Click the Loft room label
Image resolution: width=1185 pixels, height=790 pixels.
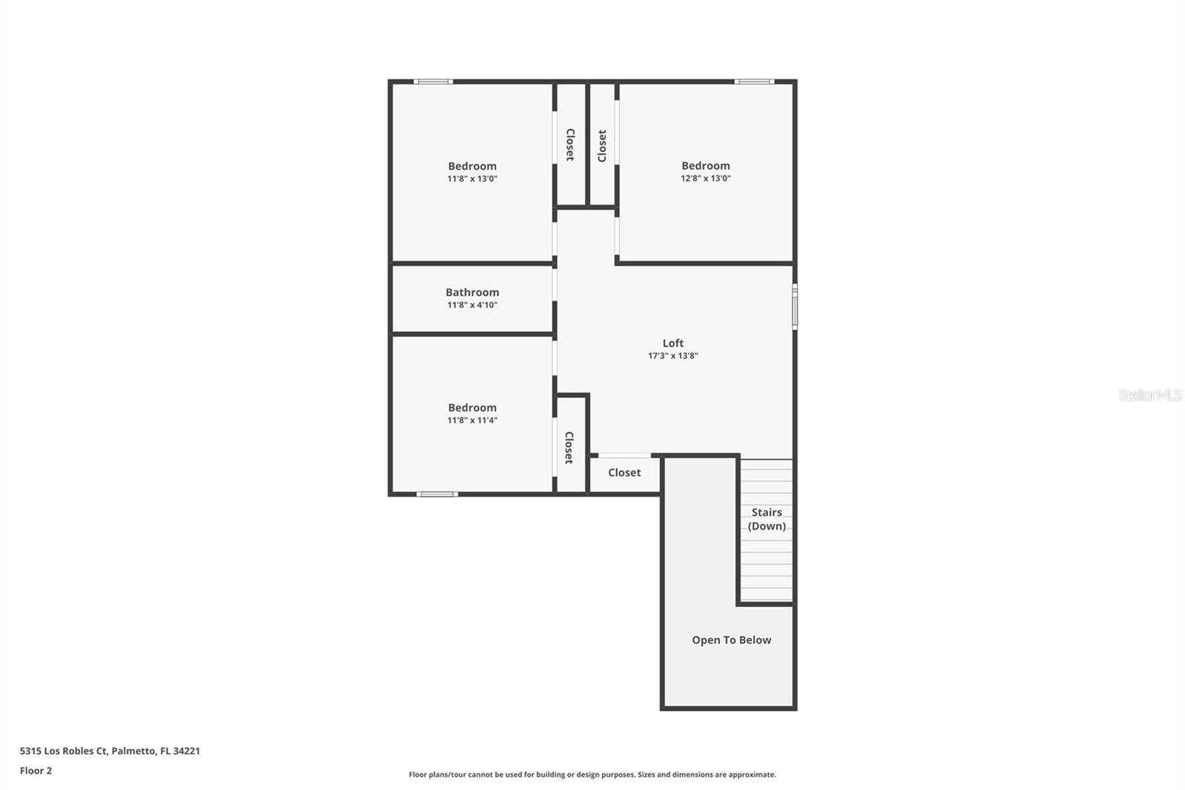[x=672, y=343]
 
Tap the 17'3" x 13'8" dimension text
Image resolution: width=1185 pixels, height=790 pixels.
[x=672, y=356]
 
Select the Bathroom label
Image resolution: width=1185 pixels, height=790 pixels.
[x=472, y=292]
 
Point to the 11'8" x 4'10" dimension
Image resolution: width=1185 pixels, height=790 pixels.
[x=472, y=305]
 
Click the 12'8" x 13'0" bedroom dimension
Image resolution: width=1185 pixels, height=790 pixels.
[x=705, y=179]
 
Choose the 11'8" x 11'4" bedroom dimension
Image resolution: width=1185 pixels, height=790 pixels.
[x=472, y=420]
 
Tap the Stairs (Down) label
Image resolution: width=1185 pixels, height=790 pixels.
[x=767, y=519]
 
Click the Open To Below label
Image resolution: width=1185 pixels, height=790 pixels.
[x=731, y=640]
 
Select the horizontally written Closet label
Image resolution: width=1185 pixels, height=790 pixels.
[x=624, y=472]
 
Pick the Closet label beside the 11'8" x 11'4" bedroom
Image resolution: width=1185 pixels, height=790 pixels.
[x=569, y=448]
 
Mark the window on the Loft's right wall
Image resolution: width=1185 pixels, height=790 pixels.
[x=795, y=306]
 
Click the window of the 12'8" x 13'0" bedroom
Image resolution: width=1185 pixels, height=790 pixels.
[x=754, y=82]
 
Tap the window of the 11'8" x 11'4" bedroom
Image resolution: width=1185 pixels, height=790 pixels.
[x=437, y=494]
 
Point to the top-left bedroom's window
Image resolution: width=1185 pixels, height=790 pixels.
[x=433, y=82]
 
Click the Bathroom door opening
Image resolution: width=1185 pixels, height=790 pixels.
[x=555, y=284]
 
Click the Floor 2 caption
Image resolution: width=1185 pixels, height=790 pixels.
[x=36, y=771]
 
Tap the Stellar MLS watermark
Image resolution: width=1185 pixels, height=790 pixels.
[x=1149, y=395]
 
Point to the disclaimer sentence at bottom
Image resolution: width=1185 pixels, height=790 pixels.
[x=592, y=774]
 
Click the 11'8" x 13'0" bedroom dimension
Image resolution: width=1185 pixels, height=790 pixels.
[x=472, y=179]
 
